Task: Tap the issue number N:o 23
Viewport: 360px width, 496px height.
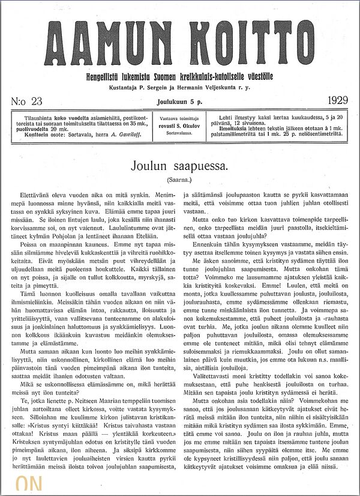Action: tap(26, 101)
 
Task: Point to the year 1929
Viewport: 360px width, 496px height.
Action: tap(338, 100)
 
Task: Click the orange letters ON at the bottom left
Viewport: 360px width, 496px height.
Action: tap(29, 485)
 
